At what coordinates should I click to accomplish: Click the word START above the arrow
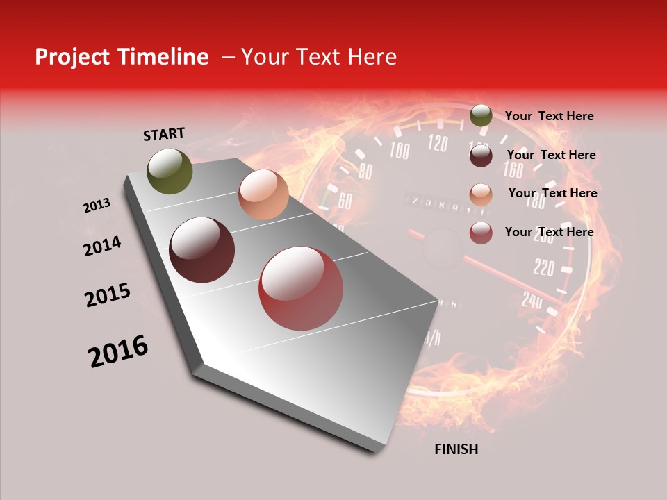164,134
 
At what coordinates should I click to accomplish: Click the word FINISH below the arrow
456,449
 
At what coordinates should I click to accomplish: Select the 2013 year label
97,206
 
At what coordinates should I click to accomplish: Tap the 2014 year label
102,247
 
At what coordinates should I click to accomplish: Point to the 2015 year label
108,295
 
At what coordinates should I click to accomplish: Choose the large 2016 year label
118,351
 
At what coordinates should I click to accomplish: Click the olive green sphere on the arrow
170,172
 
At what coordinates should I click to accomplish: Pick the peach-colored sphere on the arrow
263,194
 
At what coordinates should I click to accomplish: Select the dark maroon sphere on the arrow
201,250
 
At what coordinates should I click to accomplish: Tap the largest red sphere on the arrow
301,288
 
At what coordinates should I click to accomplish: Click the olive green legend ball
481,116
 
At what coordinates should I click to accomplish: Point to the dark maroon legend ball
481,156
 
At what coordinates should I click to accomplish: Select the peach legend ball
481,194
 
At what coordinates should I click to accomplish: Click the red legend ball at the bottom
481,233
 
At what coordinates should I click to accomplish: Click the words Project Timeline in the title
122,57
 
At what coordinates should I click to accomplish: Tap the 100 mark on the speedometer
400,150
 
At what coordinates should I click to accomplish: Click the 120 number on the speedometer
438,144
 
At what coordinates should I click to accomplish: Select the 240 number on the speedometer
532,300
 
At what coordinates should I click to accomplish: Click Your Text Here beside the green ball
549,116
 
